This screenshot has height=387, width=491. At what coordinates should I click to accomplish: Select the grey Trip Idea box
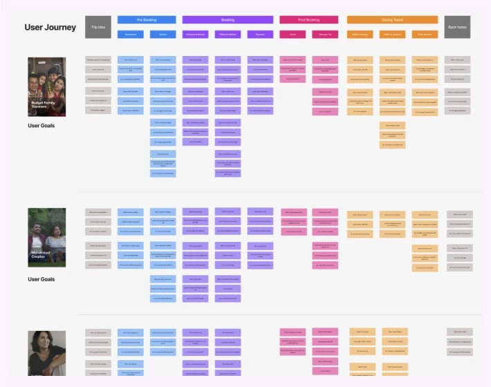(x=98, y=27)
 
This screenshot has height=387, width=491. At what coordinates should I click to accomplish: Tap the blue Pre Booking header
(x=147, y=20)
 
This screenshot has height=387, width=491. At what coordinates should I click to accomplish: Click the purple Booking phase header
(x=228, y=20)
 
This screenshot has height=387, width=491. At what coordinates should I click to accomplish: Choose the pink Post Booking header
(x=308, y=20)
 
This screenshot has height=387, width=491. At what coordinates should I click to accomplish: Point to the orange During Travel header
(x=392, y=20)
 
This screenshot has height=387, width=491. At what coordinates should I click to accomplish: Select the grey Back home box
(x=457, y=27)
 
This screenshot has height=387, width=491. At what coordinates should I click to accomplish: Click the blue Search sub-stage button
(x=163, y=34)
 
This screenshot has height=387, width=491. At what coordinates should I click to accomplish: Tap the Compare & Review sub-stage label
(x=196, y=34)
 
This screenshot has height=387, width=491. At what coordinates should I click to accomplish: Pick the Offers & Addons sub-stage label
(x=228, y=34)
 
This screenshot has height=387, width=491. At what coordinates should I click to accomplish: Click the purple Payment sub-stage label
(x=261, y=34)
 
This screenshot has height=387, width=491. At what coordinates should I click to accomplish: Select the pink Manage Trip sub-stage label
(x=325, y=34)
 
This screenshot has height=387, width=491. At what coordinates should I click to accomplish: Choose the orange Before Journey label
(x=360, y=34)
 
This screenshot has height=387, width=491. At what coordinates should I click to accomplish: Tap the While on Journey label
(x=392, y=34)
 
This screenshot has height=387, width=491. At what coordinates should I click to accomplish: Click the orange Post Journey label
(x=425, y=34)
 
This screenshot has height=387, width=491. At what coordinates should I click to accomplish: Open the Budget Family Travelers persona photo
(x=47, y=86)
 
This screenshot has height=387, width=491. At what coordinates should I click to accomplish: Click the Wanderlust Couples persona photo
(x=47, y=237)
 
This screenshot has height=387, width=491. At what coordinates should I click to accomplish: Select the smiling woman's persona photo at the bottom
(x=47, y=356)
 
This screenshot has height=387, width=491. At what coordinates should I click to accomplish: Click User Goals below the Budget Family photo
(x=41, y=126)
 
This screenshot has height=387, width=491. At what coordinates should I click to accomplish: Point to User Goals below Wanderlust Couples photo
(x=41, y=279)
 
